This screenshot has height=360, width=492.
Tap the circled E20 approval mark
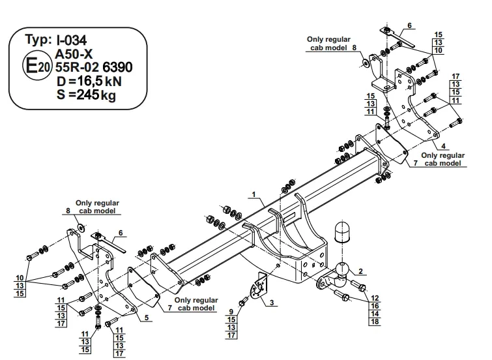click(35, 65)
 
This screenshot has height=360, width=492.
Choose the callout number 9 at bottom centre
click(230, 312)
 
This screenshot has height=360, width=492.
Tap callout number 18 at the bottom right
click(373, 322)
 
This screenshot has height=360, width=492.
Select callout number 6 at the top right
click(410, 25)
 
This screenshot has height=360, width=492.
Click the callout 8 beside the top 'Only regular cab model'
click(354, 48)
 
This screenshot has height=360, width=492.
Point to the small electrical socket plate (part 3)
click(261, 286)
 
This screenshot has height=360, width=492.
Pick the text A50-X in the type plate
click(74, 53)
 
